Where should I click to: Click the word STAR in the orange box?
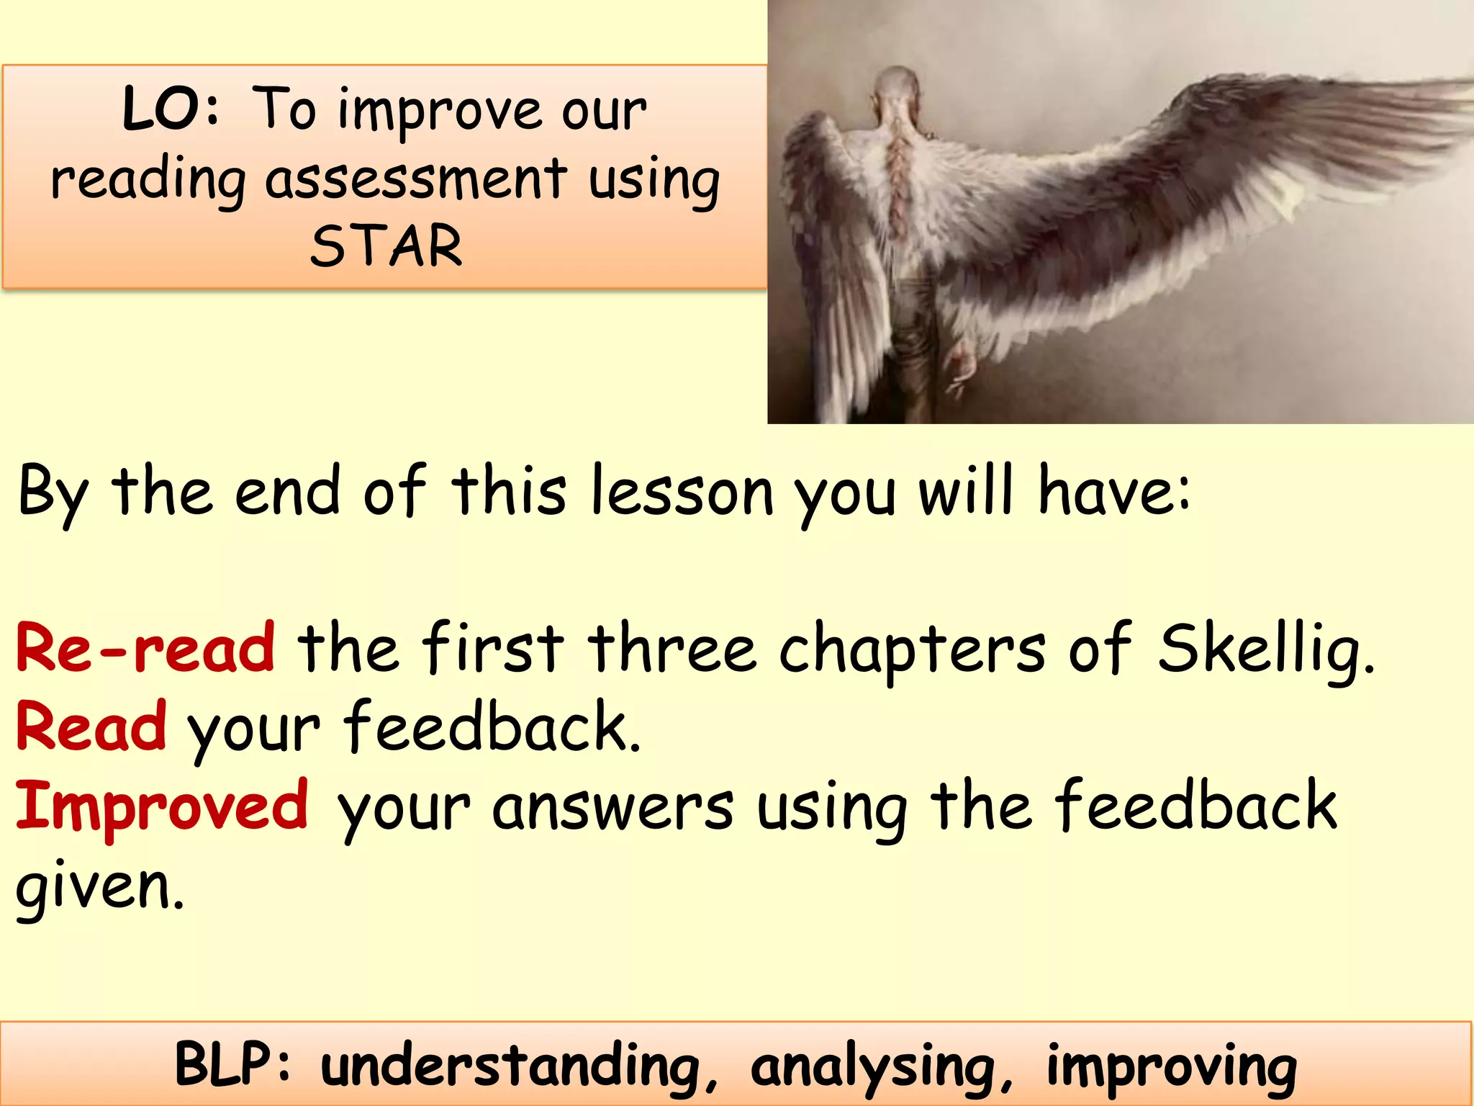pos(386,246)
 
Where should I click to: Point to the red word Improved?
pos(163,806)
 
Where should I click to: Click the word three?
pos(672,648)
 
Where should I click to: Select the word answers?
pos(613,806)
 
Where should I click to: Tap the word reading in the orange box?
pos(148,180)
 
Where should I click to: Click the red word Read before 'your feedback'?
pos(91,727)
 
